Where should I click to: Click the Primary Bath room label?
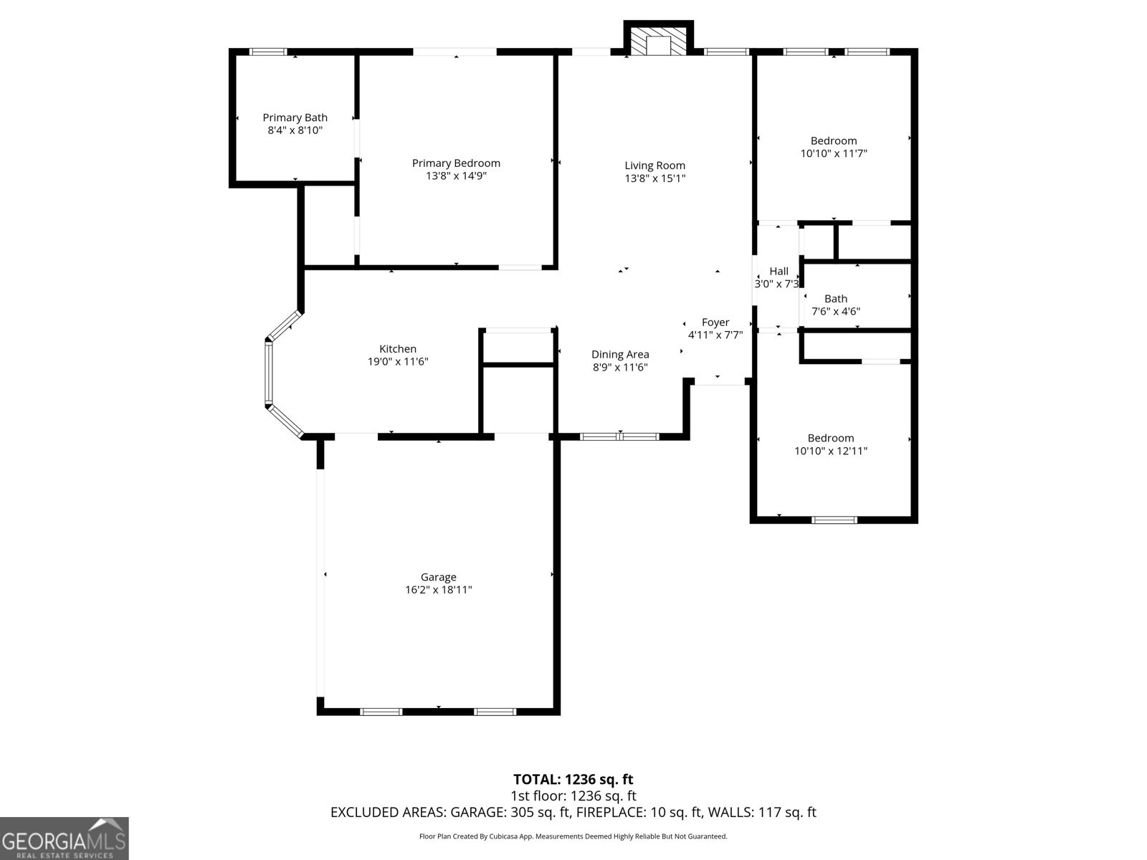pyautogui.click(x=295, y=118)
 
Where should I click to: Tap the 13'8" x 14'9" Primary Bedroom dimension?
pyautogui.click(x=456, y=176)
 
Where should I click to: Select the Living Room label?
pyautogui.click(x=655, y=166)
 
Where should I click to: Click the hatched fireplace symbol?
pyautogui.click(x=657, y=42)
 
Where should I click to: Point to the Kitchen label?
pyautogui.click(x=397, y=349)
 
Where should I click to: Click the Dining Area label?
pyautogui.click(x=620, y=354)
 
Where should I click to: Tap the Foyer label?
pyautogui.click(x=715, y=322)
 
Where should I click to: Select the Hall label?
pyautogui.click(x=779, y=271)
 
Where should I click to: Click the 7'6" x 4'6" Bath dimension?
pyautogui.click(x=835, y=312)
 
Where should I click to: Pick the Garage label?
pyautogui.click(x=438, y=577)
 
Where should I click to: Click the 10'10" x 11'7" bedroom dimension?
pyautogui.click(x=834, y=153)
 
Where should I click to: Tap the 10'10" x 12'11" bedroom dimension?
pyautogui.click(x=831, y=451)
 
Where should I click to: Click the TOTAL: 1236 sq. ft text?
pyautogui.click(x=573, y=779)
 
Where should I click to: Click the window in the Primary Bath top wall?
pyautogui.click(x=268, y=52)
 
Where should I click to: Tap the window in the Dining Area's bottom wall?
pyautogui.click(x=619, y=436)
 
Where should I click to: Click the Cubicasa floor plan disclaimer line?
pyautogui.click(x=573, y=836)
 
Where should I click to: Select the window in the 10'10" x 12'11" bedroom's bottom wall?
pyautogui.click(x=834, y=520)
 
